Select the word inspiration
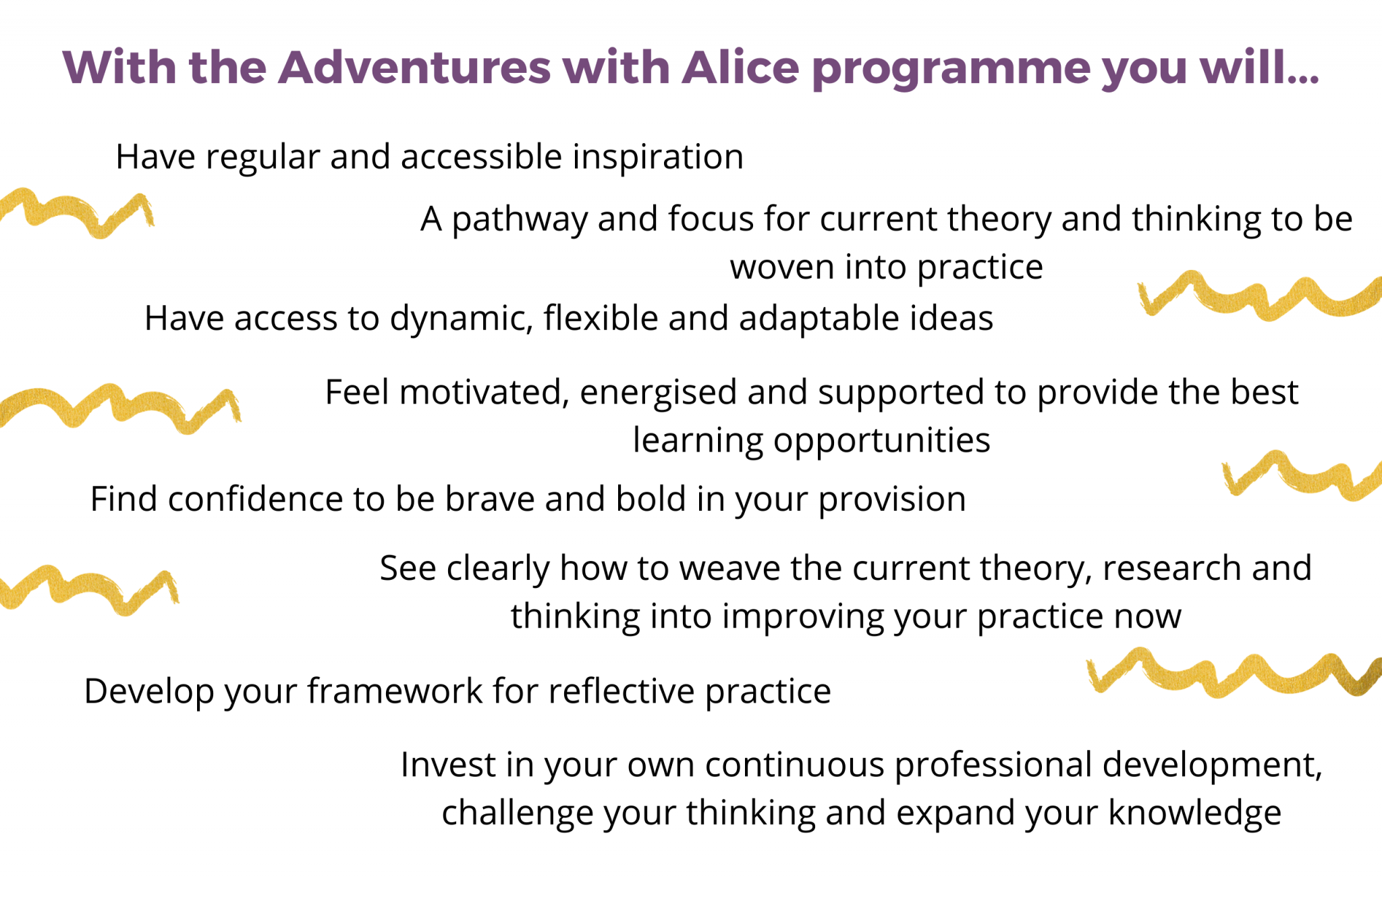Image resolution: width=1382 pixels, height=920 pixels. tap(658, 158)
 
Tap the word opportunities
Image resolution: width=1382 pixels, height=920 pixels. tap(881, 441)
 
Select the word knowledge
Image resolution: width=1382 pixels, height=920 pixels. tap(1194, 813)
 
